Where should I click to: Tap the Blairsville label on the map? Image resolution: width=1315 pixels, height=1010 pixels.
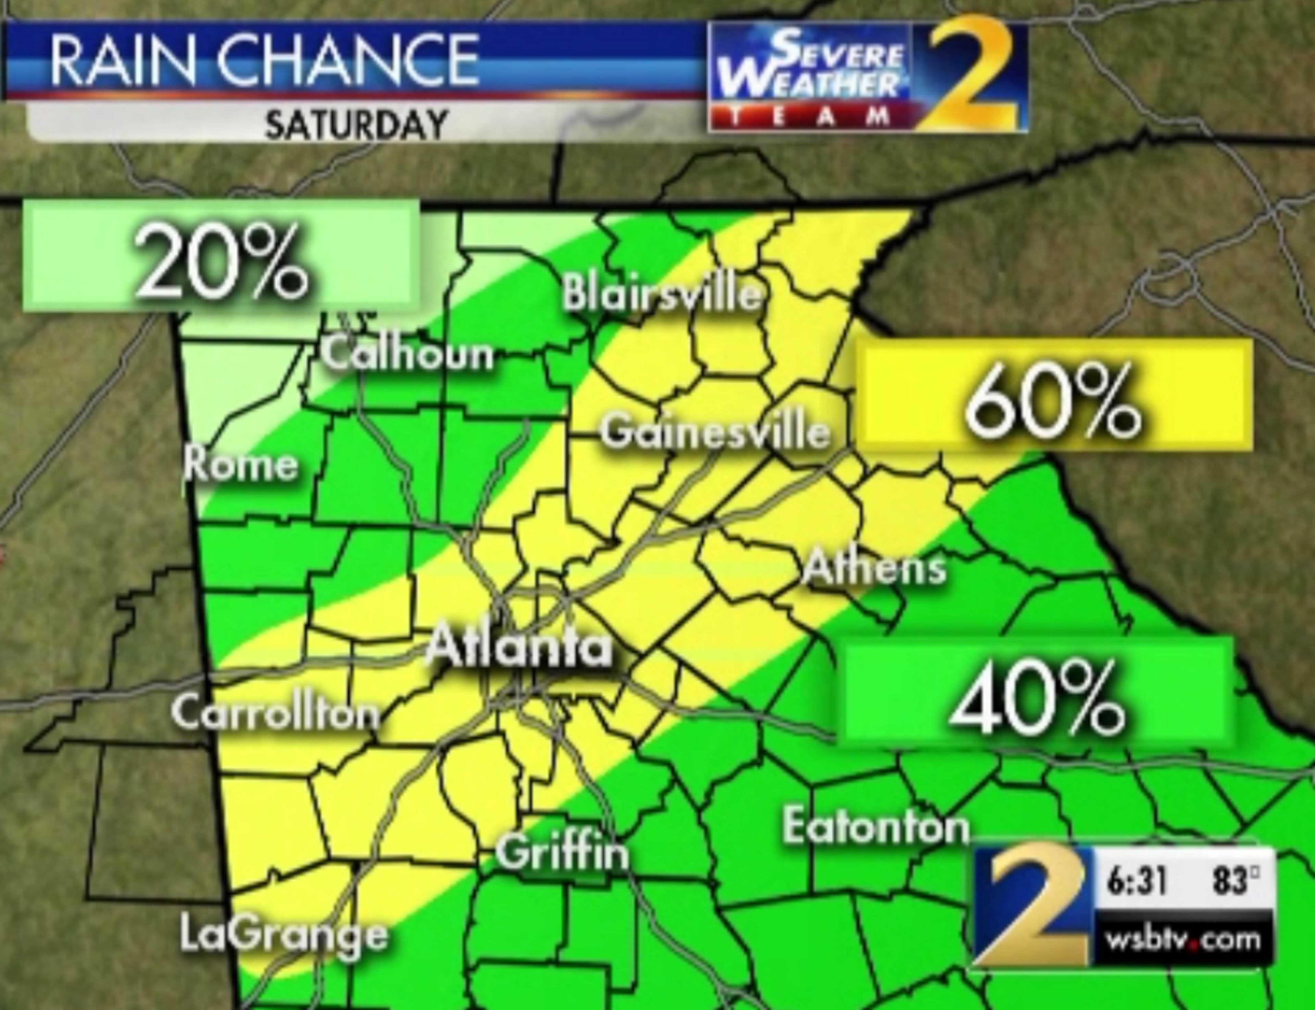(661, 295)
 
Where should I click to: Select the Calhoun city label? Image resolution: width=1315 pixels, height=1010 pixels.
(408, 353)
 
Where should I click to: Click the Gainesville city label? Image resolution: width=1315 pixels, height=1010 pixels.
(715, 431)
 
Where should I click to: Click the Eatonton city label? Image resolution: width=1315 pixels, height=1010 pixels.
(876, 827)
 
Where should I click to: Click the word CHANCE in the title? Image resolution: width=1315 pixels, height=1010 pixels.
(347, 61)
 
